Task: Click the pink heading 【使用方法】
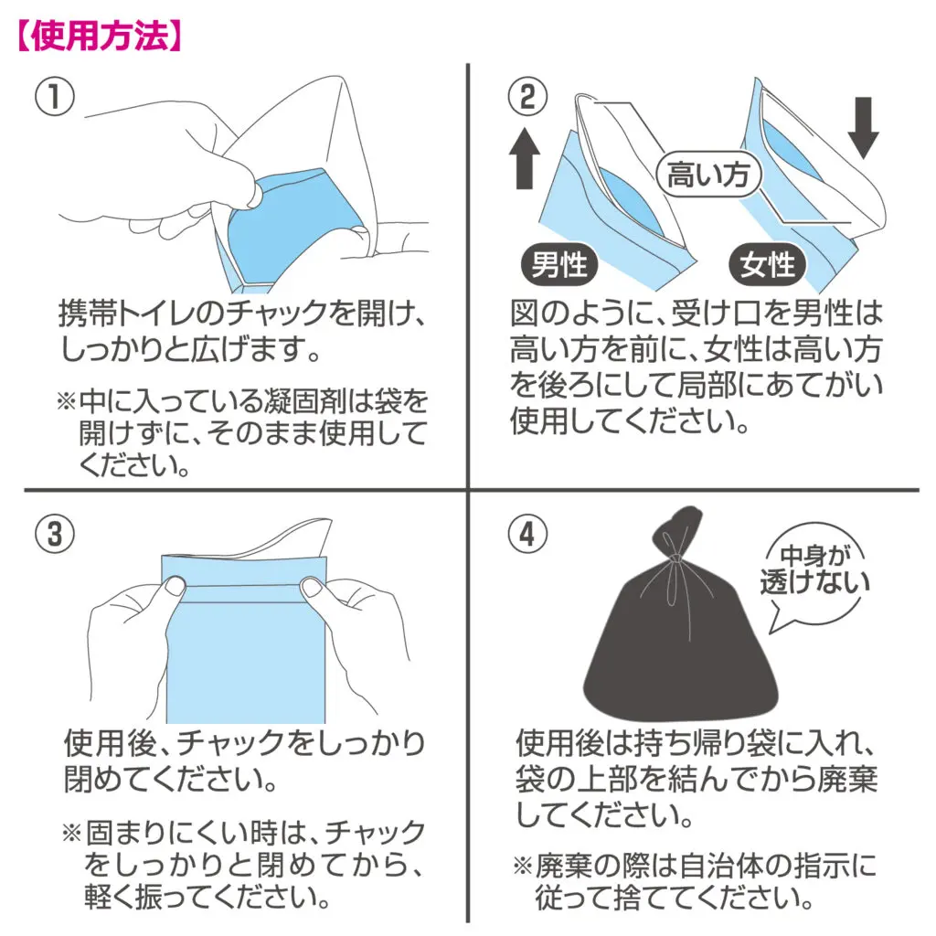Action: click(100, 37)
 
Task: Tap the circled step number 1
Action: click(55, 97)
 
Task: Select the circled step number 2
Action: click(527, 97)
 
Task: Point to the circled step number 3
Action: click(55, 533)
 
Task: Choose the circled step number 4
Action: click(527, 533)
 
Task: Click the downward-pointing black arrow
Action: click(863, 128)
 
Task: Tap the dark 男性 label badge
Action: click(559, 264)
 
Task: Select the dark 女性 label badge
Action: click(768, 264)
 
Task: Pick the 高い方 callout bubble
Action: click(708, 175)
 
